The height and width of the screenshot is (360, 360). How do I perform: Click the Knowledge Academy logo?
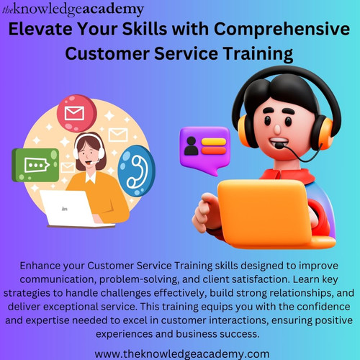[73, 9]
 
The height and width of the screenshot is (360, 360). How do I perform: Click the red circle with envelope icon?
[74, 114]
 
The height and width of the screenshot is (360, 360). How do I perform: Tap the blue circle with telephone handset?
[132, 170]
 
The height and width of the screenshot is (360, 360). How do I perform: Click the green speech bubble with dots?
[35, 164]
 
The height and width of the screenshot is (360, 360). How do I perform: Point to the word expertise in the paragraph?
[73, 321]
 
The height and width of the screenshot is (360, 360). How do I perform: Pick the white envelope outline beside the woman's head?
[117, 135]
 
